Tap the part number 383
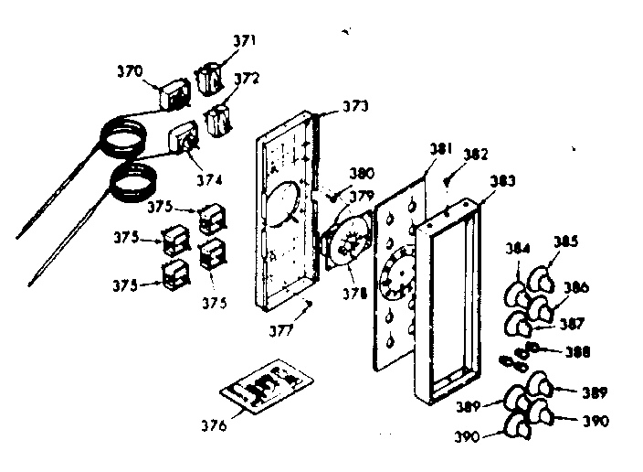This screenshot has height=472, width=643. click(x=503, y=181)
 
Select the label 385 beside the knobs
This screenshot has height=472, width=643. click(x=565, y=242)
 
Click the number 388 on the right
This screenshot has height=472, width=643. click(x=578, y=350)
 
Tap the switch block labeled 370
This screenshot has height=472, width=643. click(x=172, y=96)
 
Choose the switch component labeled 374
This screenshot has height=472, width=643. click(x=185, y=138)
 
